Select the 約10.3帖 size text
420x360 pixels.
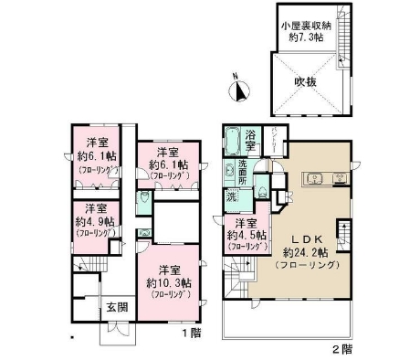[165, 282]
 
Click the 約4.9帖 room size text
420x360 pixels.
[94, 221]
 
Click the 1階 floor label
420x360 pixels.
[190, 334]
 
